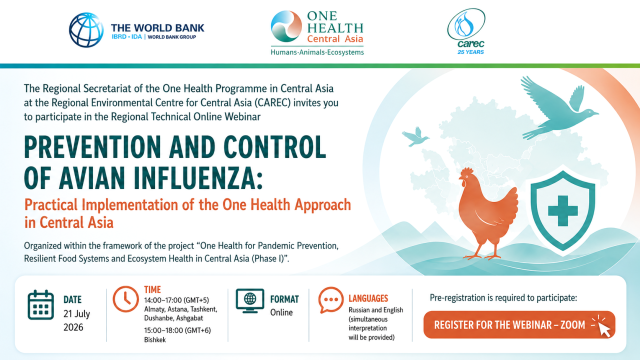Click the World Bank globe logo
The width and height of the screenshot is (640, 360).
[86, 30]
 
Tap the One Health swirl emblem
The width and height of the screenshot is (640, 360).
[286, 26]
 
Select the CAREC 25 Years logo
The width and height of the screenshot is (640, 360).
[467, 31]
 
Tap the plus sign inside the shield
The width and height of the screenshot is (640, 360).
[563, 211]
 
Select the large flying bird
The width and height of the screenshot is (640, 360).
[558, 107]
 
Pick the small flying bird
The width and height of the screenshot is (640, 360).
[415, 137]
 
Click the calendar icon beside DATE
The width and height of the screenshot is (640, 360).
[41, 305]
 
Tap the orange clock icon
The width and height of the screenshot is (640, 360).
[125, 299]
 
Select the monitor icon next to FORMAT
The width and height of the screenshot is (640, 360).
[250, 301]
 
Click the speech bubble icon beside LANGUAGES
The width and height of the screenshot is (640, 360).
[330, 300]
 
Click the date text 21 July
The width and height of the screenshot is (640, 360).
[77, 314]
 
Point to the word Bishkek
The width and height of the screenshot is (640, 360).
[155, 340]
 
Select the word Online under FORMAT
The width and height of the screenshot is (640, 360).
[281, 312]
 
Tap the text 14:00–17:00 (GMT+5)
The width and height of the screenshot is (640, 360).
[176, 300]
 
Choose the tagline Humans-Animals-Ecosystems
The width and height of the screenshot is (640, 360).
[317, 52]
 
